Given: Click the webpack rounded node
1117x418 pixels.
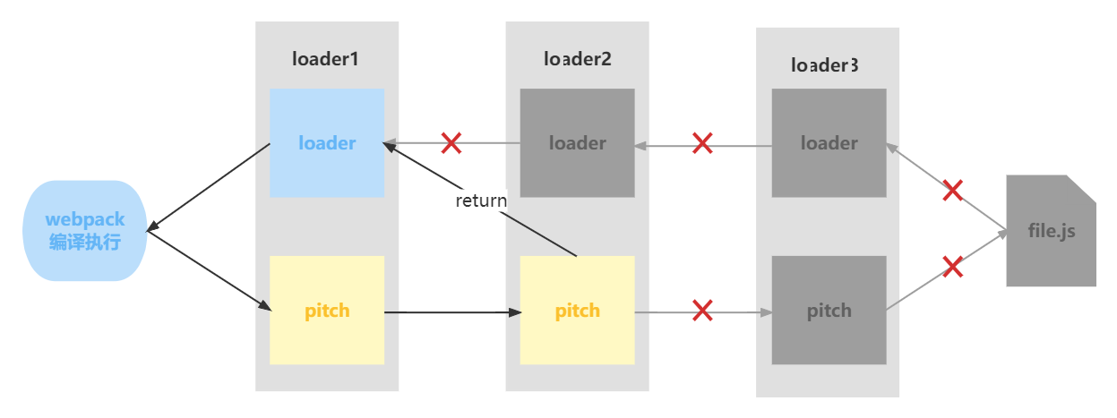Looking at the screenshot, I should pyautogui.click(x=84, y=230).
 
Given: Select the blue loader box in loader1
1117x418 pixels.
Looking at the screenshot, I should pyautogui.click(x=327, y=143).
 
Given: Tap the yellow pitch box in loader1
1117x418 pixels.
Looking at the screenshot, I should pyautogui.click(x=327, y=311).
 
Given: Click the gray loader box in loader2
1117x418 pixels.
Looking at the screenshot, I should pyautogui.click(x=577, y=143).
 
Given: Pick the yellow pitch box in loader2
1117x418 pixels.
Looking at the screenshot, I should pyautogui.click(x=577, y=311).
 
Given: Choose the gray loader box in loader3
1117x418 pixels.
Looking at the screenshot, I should pyautogui.click(x=829, y=143).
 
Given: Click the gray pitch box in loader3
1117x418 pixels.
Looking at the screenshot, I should pyautogui.click(x=829, y=311).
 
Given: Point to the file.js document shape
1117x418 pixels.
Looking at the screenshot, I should pyautogui.click(x=1051, y=231).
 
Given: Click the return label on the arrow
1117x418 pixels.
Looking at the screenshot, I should pyautogui.click(x=481, y=200).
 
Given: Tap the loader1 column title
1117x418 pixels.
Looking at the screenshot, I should pyautogui.click(x=326, y=60).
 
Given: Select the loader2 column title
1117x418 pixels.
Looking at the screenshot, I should pyautogui.click(x=577, y=60).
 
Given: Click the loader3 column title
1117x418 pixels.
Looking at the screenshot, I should pyautogui.click(x=825, y=65).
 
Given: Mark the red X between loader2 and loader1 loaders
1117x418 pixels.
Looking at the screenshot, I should pyautogui.click(x=451, y=142).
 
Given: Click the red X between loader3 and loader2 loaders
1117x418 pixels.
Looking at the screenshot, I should pyautogui.click(x=702, y=142).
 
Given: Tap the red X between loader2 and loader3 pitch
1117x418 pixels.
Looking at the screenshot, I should pyautogui.click(x=702, y=311).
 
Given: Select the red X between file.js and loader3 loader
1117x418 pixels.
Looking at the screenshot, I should pyautogui.click(x=953, y=190).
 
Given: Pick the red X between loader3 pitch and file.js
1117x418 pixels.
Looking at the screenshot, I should pyautogui.click(x=952, y=267).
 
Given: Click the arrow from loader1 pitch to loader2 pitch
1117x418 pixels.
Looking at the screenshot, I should pyautogui.click(x=452, y=312).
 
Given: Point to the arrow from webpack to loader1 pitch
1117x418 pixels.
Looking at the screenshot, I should pyautogui.click(x=209, y=271).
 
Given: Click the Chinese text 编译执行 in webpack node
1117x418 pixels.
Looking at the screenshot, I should pyautogui.click(x=84, y=242).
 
